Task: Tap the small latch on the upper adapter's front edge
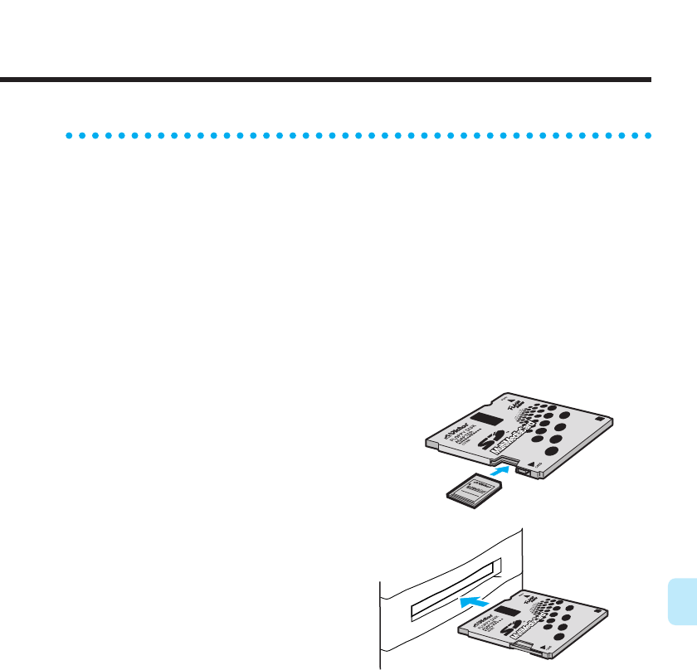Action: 524,471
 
